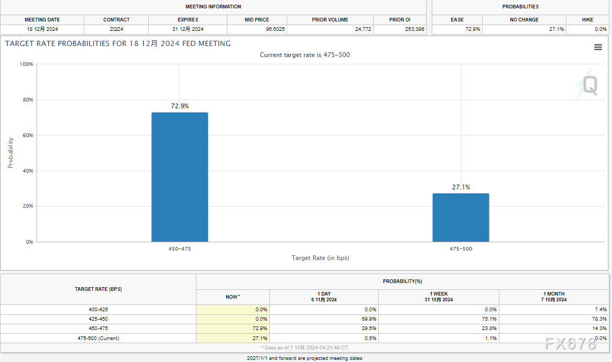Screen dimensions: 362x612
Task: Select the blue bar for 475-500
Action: pyautogui.click(x=461, y=218)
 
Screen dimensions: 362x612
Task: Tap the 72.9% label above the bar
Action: pyautogui.click(x=180, y=106)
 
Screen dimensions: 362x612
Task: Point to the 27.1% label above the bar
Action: pyautogui.click(x=461, y=187)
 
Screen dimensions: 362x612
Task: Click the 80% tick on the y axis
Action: pyautogui.click(x=26, y=100)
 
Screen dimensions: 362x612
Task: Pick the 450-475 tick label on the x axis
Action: pyautogui.click(x=180, y=249)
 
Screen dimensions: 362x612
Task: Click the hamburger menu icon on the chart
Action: pyautogui.click(x=598, y=47)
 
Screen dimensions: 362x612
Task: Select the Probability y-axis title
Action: pyautogui.click(x=10, y=153)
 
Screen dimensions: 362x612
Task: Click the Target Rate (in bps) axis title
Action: pyautogui.click(x=320, y=258)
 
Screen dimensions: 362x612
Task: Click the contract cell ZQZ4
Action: pyautogui.click(x=116, y=29)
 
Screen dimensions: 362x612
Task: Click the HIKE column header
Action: pyautogui.click(x=587, y=20)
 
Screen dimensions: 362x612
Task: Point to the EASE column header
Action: pyautogui.click(x=457, y=20)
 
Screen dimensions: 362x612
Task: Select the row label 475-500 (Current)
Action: pyautogui.click(x=99, y=338)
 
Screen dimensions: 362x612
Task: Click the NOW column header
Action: pyautogui.click(x=232, y=297)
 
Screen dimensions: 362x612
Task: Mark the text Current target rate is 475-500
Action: pyautogui.click(x=304, y=55)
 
